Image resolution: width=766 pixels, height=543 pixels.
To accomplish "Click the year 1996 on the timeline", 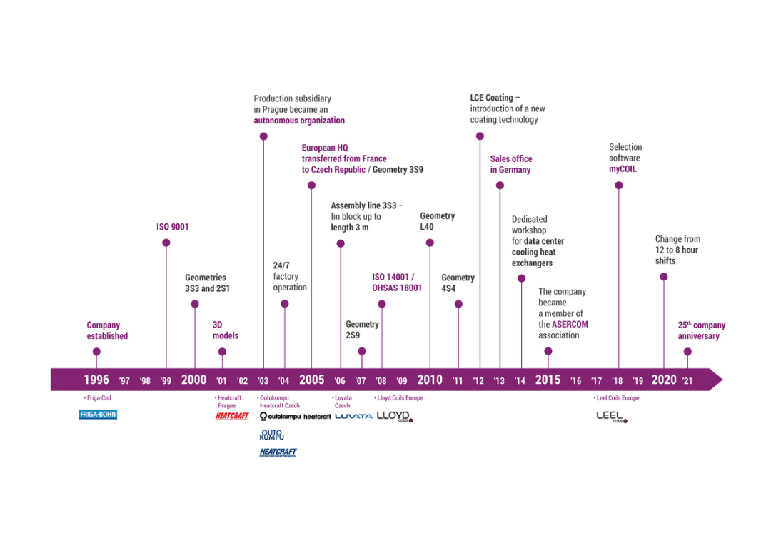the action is pyautogui.click(x=96, y=380).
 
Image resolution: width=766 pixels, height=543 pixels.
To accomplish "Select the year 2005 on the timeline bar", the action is pyautogui.click(x=312, y=380).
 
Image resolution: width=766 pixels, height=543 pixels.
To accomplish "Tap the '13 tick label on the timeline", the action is pyautogui.click(x=499, y=381).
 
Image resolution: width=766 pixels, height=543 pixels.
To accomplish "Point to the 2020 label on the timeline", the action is pyautogui.click(x=664, y=380).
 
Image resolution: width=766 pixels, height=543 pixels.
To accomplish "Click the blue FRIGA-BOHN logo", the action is pyautogui.click(x=99, y=415).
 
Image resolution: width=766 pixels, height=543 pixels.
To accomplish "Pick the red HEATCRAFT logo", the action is pyautogui.click(x=232, y=416).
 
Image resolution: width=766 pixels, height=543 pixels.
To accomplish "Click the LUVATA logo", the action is pyautogui.click(x=353, y=417).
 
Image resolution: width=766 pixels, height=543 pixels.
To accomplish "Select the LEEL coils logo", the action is pyautogui.click(x=612, y=417).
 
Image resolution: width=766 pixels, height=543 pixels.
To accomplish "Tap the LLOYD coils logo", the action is pyautogui.click(x=395, y=417).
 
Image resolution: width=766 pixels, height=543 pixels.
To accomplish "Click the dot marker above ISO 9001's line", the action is pyautogui.click(x=166, y=243).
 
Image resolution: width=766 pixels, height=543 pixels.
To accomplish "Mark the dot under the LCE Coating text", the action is pyautogui.click(x=480, y=136).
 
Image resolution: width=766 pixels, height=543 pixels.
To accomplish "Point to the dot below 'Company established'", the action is pyautogui.click(x=96, y=352).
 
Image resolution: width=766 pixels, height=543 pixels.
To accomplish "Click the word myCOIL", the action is pyautogui.click(x=623, y=169).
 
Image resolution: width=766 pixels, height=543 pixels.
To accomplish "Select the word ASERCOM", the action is pyautogui.click(x=570, y=324).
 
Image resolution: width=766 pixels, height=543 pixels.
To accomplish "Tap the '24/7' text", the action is pyautogui.click(x=281, y=265).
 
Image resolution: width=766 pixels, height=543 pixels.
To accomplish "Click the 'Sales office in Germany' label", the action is pyautogui.click(x=511, y=164).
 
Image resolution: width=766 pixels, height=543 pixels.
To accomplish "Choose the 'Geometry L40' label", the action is pyautogui.click(x=437, y=221).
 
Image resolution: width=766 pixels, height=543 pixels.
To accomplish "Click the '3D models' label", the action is pyautogui.click(x=225, y=330).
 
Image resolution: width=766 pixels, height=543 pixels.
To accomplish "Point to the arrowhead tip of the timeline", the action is pyautogui.click(x=722, y=380).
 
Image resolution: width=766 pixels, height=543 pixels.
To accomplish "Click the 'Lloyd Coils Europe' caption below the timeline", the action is pyautogui.click(x=398, y=398).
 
